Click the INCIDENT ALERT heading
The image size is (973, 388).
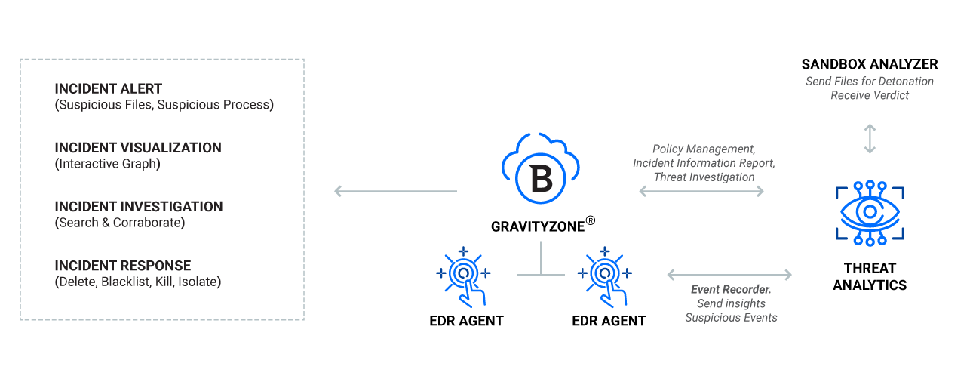[108, 88]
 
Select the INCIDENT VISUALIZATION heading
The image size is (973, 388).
[138, 148]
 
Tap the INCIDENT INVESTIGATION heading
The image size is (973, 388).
[139, 206]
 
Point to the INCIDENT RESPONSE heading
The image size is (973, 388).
[122, 266]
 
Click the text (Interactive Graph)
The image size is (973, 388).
[108, 164]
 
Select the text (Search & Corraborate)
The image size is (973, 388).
[120, 223]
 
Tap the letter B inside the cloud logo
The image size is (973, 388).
[542, 179]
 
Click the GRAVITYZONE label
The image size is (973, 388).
[538, 226]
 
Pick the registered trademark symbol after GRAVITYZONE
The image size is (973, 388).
[591, 220]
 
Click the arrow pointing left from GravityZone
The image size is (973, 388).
[395, 191]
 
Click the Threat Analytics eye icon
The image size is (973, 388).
[870, 213]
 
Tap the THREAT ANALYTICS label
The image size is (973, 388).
[870, 276]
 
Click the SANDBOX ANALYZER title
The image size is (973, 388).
[870, 64]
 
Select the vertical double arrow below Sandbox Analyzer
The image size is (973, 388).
[870, 139]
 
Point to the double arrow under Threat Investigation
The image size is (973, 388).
[701, 191]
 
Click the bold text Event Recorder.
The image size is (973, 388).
[731, 289]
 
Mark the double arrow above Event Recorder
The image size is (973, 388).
[730, 275]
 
